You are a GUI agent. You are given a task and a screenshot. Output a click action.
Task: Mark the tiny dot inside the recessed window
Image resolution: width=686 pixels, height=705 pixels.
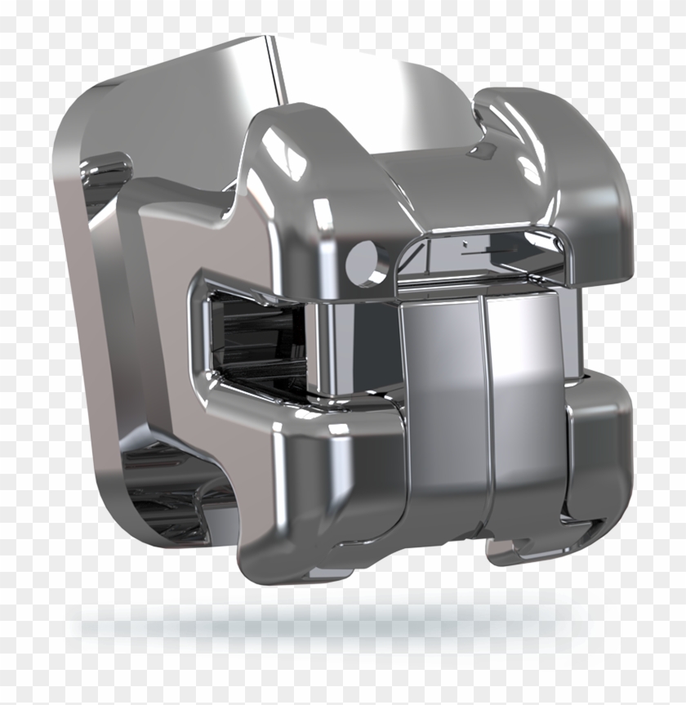coord(465,243)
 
